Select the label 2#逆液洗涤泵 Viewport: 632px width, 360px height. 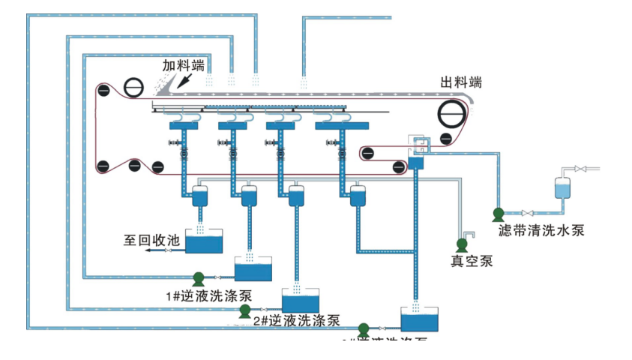296,320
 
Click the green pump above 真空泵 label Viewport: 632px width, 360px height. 463,244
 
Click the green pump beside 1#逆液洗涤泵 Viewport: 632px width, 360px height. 199,278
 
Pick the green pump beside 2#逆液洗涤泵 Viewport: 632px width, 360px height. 244,310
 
